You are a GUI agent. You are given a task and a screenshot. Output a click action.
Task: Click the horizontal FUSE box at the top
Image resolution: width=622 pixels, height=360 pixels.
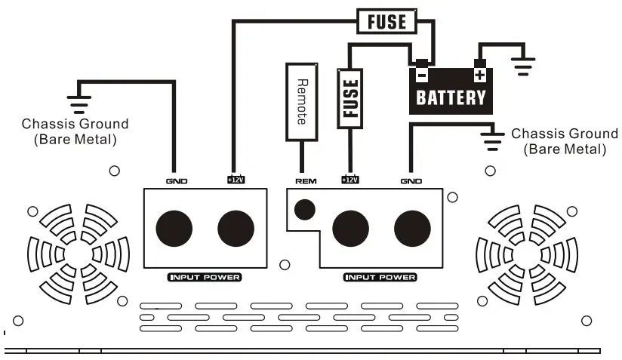pyautogui.click(x=386, y=21)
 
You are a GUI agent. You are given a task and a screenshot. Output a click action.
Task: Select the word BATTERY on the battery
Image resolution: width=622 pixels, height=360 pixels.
pyautogui.click(x=451, y=97)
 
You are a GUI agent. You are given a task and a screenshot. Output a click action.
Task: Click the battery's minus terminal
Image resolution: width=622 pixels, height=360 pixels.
pyautogui.click(x=422, y=75)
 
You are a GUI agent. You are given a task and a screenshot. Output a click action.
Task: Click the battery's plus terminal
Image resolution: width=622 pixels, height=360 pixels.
pyautogui.click(x=479, y=75)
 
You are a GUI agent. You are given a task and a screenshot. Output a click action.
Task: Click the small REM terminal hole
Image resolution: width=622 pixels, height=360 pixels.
pyautogui.click(x=305, y=209)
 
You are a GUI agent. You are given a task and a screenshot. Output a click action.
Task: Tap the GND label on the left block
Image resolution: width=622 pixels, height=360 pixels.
pyautogui.click(x=176, y=181)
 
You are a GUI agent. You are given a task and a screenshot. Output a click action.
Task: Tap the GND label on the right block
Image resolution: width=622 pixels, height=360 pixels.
pyautogui.click(x=411, y=181)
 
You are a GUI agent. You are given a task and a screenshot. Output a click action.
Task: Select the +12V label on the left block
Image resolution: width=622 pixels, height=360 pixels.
pyautogui.click(x=235, y=180)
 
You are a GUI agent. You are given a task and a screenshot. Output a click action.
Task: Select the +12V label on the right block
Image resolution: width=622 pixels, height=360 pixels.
pyautogui.click(x=349, y=180)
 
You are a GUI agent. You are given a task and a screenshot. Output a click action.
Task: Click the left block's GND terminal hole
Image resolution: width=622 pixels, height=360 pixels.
pyautogui.click(x=174, y=228)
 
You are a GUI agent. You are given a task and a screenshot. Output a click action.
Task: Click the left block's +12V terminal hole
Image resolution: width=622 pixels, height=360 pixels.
pyautogui.click(x=236, y=228)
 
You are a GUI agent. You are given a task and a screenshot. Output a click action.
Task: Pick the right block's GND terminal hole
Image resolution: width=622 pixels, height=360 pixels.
pyautogui.click(x=412, y=228)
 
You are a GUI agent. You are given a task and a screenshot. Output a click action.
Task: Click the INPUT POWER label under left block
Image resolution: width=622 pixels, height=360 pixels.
pyautogui.click(x=204, y=277)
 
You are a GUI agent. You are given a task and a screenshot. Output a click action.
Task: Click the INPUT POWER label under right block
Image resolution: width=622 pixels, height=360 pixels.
pyautogui.click(x=380, y=277)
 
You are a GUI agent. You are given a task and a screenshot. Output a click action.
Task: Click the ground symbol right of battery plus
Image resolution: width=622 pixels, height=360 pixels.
pyautogui.click(x=521, y=66)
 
